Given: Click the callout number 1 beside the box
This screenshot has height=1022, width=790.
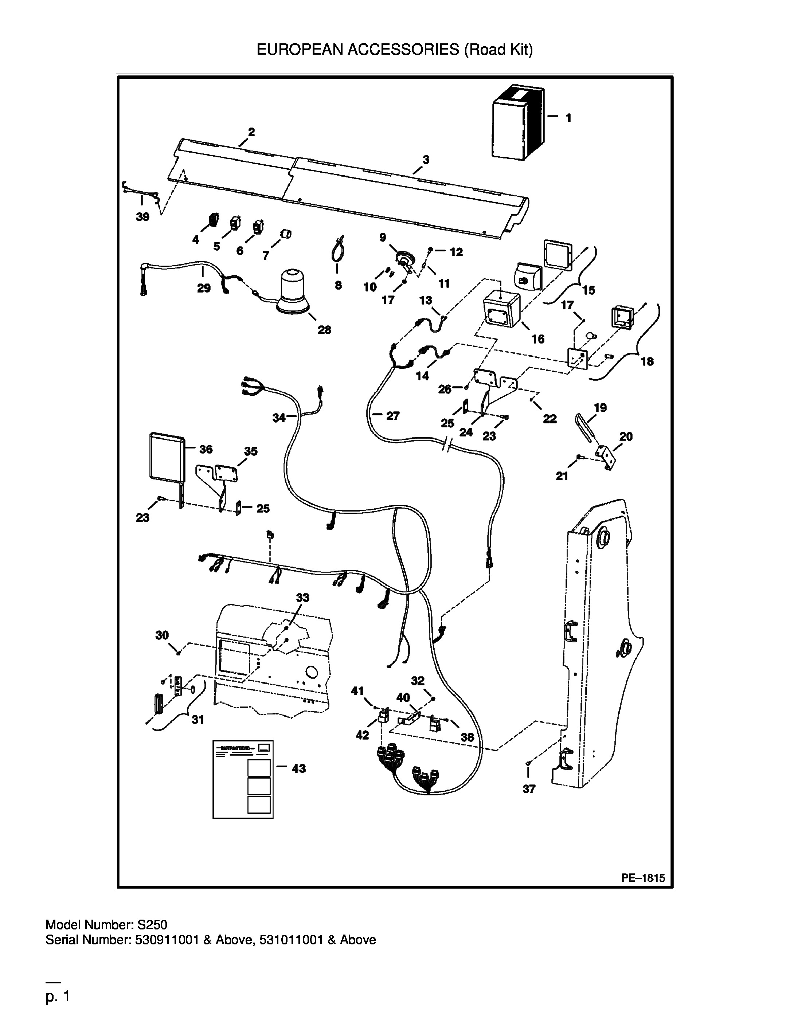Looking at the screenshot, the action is pyautogui.click(x=568, y=118).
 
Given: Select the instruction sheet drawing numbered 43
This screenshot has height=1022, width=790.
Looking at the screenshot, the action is pyautogui.click(x=243, y=779).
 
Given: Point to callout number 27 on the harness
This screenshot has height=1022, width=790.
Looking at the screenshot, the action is pyautogui.click(x=393, y=415).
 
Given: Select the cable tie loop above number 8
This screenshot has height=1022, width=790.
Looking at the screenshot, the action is pyautogui.click(x=337, y=250).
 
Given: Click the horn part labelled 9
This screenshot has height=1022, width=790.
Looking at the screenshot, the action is pyautogui.click(x=404, y=260).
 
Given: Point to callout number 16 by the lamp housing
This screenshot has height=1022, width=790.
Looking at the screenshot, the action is pyautogui.click(x=538, y=339).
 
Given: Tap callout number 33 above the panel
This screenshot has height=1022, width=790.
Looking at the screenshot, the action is pyautogui.click(x=303, y=598).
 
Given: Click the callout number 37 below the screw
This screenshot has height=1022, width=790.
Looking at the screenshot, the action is pyautogui.click(x=529, y=789).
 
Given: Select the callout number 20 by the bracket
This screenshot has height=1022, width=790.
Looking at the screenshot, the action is pyautogui.click(x=626, y=436).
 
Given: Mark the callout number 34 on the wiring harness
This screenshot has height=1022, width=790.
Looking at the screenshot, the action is pyautogui.click(x=279, y=418).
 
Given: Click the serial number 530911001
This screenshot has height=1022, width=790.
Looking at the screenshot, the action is pyautogui.click(x=168, y=940).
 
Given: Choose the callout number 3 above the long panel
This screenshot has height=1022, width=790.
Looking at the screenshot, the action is pyautogui.click(x=425, y=160).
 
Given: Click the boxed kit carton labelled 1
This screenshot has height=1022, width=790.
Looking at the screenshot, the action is pyautogui.click(x=518, y=122).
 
